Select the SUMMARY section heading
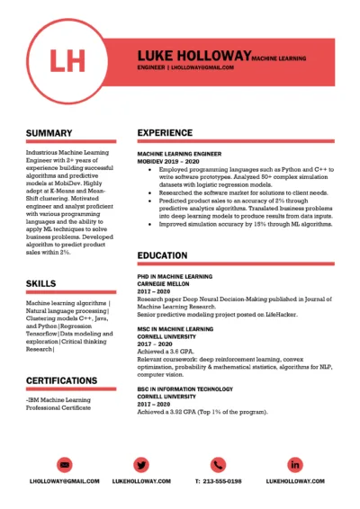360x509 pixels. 49,133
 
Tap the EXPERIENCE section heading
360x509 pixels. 165,133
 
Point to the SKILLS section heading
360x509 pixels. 41,283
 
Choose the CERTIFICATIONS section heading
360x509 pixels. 62,380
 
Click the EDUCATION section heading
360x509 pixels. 163,256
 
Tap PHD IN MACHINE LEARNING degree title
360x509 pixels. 175,276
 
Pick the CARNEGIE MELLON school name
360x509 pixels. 163,284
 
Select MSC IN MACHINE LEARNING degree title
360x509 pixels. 175,329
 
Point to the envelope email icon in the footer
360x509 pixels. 64,464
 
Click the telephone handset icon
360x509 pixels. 217,464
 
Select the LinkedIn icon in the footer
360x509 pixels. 294,464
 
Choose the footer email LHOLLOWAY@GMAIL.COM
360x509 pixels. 64,481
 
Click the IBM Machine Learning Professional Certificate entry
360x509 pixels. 61,404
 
